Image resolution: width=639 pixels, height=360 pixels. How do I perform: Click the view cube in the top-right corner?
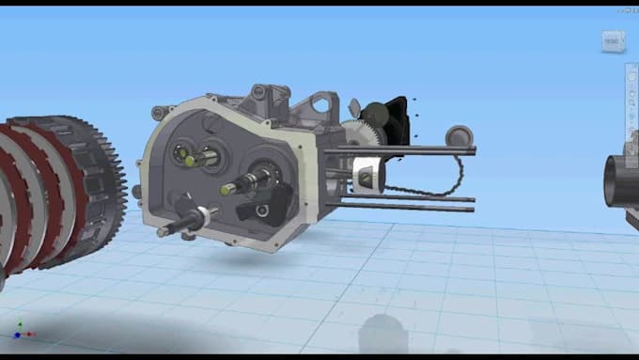coord(612,41)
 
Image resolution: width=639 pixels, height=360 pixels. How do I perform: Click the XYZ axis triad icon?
coord(20,332)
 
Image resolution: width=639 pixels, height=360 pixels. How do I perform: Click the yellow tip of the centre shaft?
coord(226,189)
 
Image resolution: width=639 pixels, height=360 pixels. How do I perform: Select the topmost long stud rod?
coord(423,149)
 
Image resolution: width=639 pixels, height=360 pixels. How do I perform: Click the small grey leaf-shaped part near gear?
coord(354,107)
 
